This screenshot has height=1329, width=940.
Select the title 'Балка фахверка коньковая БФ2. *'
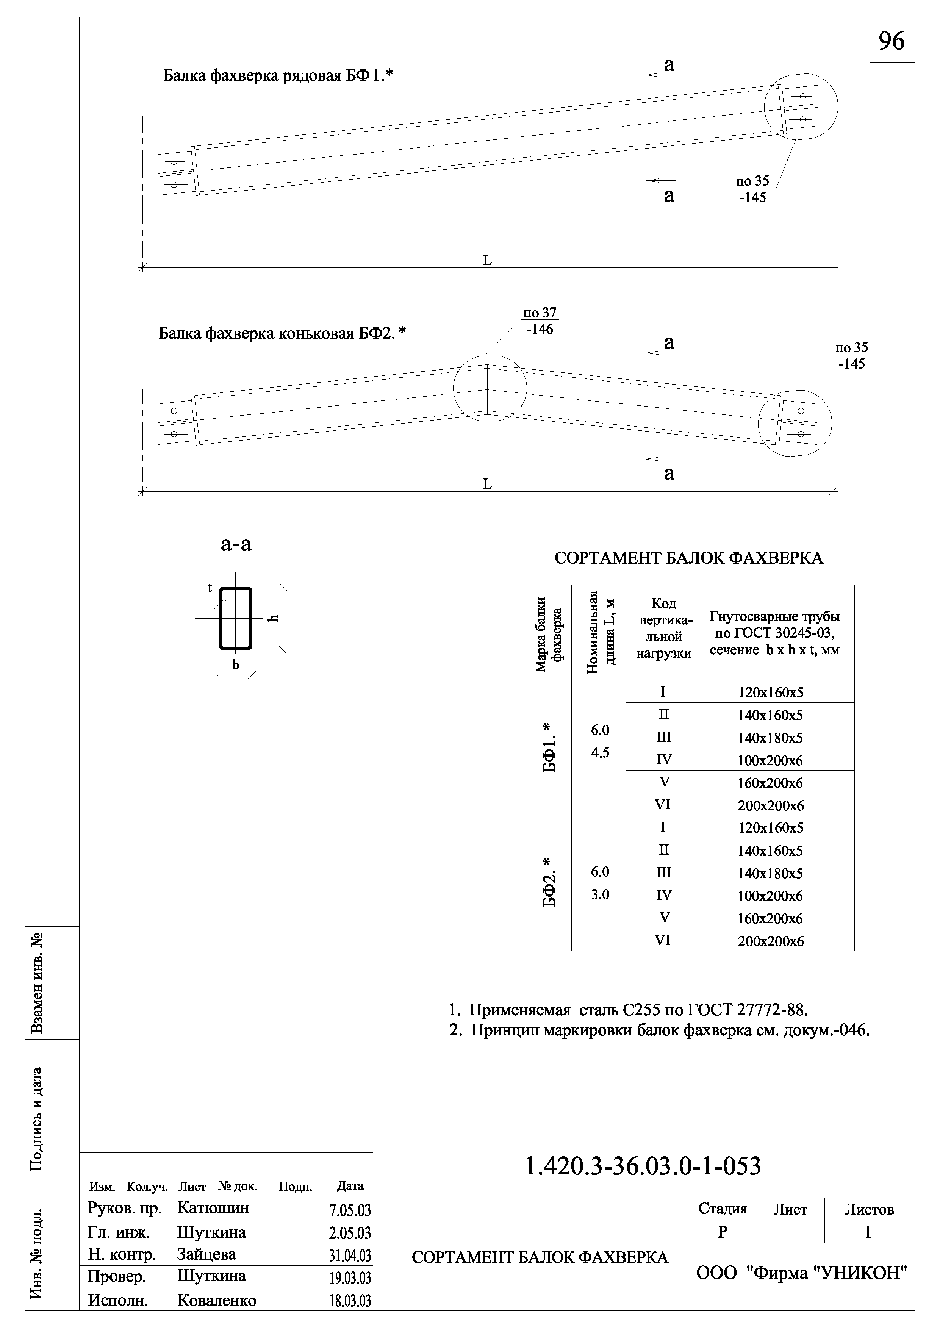pos(282,333)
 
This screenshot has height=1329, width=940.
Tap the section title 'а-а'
pos(236,544)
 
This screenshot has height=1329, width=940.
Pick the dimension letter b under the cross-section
pos(236,665)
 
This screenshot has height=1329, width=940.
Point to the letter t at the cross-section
pos(210,588)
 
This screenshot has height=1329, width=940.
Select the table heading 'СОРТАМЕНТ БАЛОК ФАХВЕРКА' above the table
pos(688,558)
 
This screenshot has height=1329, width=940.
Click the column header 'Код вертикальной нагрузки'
pos(663,629)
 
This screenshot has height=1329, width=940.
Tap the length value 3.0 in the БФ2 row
pos(600,894)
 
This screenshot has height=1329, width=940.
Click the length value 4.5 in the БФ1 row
pos(600,753)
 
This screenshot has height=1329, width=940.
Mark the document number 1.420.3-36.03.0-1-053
pos(643,1166)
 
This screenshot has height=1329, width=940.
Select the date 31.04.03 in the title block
pos(350,1257)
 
